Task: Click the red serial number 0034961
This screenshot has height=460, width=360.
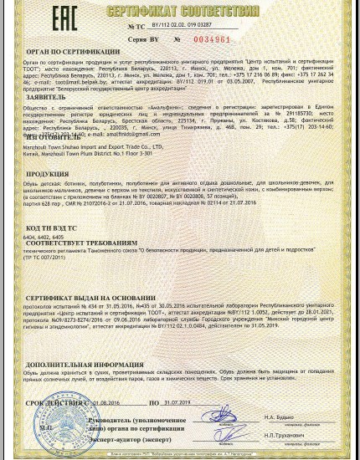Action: click(x=212, y=39)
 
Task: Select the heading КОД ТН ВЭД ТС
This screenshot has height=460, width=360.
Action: click(x=54, y=228)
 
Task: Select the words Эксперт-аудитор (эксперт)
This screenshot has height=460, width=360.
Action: click(x=134, y=437)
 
